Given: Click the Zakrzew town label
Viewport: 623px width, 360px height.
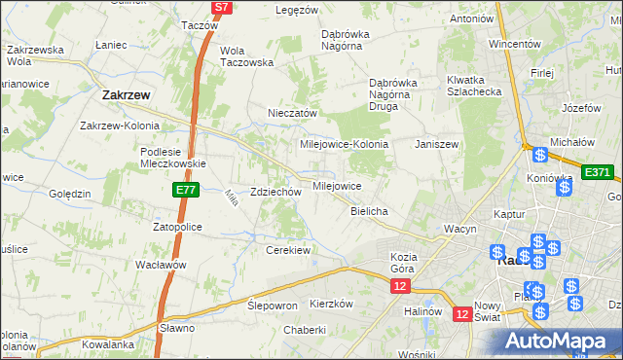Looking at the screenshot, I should pos(125,95).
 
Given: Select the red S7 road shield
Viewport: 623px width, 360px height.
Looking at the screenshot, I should pos(222,7).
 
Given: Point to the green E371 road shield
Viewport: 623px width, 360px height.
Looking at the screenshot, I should pos(597,172).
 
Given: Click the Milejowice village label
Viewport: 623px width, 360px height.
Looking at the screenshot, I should pos(337,185).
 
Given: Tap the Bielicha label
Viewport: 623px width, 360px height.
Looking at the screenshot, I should pos(369,211).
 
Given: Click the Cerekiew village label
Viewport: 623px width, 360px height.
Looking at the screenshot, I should pos(288,250).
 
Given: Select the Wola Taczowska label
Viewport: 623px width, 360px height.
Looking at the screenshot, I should pos(246,55).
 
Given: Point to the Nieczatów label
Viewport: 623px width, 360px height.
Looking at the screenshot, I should pos(293,113).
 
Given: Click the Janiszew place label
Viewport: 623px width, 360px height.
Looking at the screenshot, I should pos(436,143).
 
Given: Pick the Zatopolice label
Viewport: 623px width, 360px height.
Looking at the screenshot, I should pos(176,227).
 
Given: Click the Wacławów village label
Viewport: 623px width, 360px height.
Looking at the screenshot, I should pos(161,265).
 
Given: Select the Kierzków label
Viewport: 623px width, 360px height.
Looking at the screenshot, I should pos(330,304).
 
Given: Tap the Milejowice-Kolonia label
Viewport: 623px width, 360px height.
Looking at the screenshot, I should pos(344,143).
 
